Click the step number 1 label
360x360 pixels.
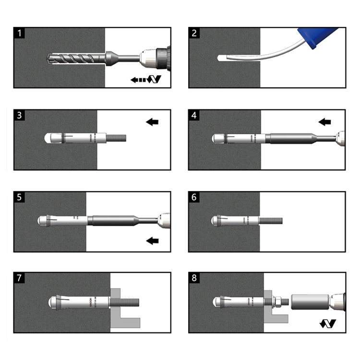coord(20,34)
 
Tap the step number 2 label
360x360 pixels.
coord(194,34)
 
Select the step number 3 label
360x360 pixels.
coord(20,116)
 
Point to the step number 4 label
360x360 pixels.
coord(194,116)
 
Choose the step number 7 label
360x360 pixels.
coord(20,278)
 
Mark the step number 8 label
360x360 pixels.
coord(194,278)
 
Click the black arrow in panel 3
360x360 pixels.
coord(152,122)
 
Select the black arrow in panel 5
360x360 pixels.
coord(152,240)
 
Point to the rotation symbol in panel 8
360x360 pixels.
coord(328,324)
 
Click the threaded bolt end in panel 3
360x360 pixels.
coord(117,138)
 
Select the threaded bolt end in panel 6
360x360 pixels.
coord(272,221)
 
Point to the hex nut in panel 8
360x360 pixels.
coord(277,303)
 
